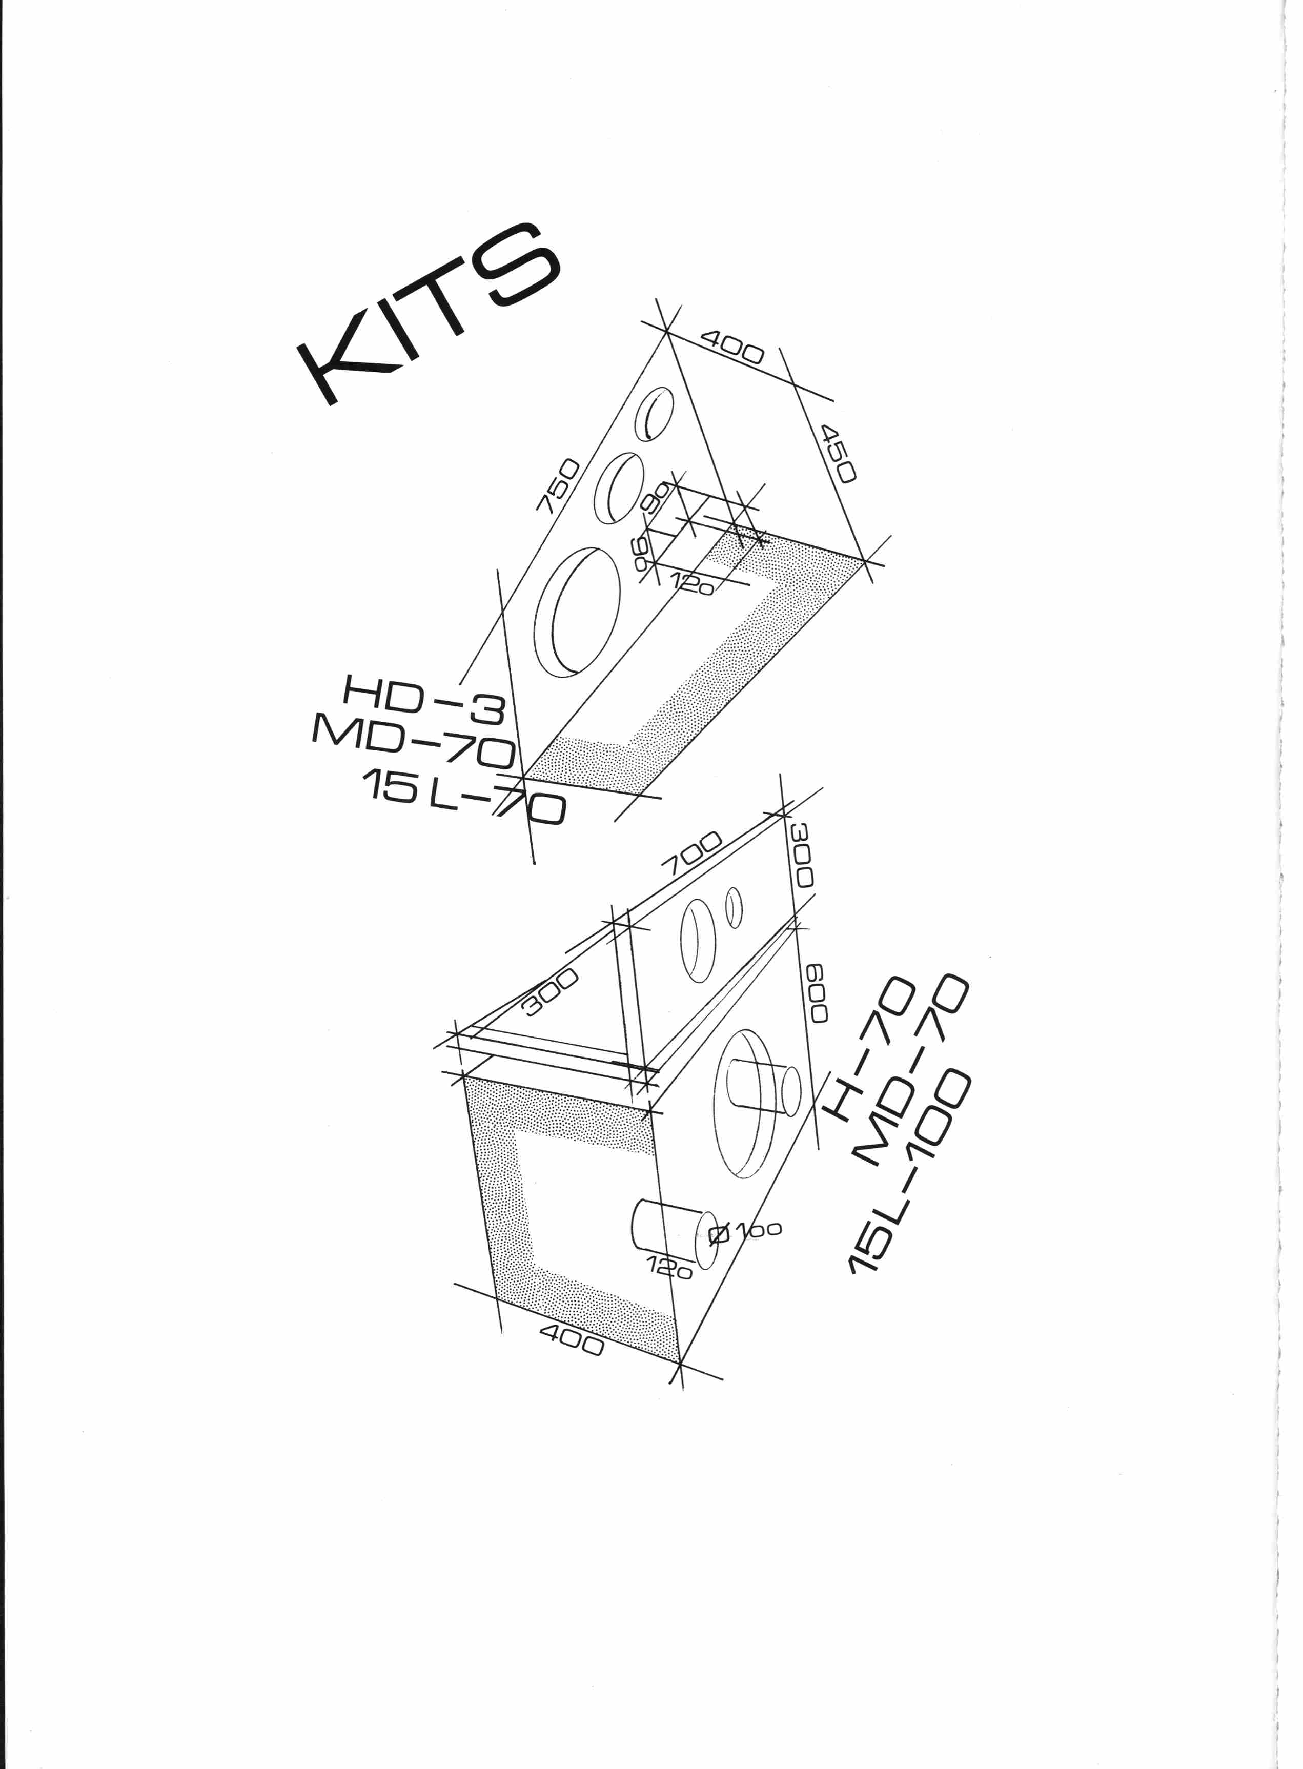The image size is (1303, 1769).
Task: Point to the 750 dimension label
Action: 558,486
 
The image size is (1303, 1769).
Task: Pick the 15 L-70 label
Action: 464,797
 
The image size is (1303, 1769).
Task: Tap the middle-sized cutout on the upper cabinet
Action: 618,487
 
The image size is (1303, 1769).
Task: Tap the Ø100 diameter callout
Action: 745,1233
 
